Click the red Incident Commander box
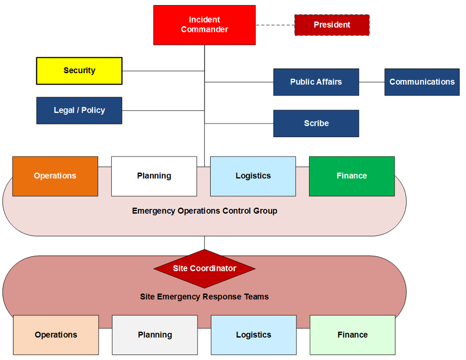204,25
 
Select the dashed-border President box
332,25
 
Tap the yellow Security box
79,71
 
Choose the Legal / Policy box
79,110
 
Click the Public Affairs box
316,82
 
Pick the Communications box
422,82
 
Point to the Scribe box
316,123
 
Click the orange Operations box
55,176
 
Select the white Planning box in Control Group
154,176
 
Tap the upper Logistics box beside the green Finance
253,176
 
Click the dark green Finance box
352,176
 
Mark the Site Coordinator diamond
205,268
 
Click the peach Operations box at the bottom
56,335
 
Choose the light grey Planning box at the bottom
155,335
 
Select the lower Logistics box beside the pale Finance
254,335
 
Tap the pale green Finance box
353,335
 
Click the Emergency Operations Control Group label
205,211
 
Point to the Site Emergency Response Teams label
205,296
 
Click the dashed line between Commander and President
275,25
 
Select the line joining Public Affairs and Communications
372,82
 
